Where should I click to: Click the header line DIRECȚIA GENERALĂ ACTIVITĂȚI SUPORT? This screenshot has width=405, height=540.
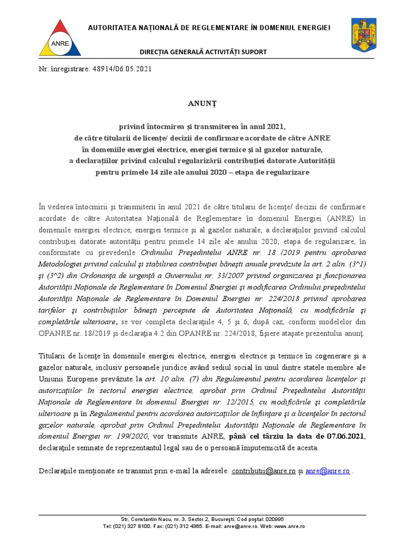coord(202,52)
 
